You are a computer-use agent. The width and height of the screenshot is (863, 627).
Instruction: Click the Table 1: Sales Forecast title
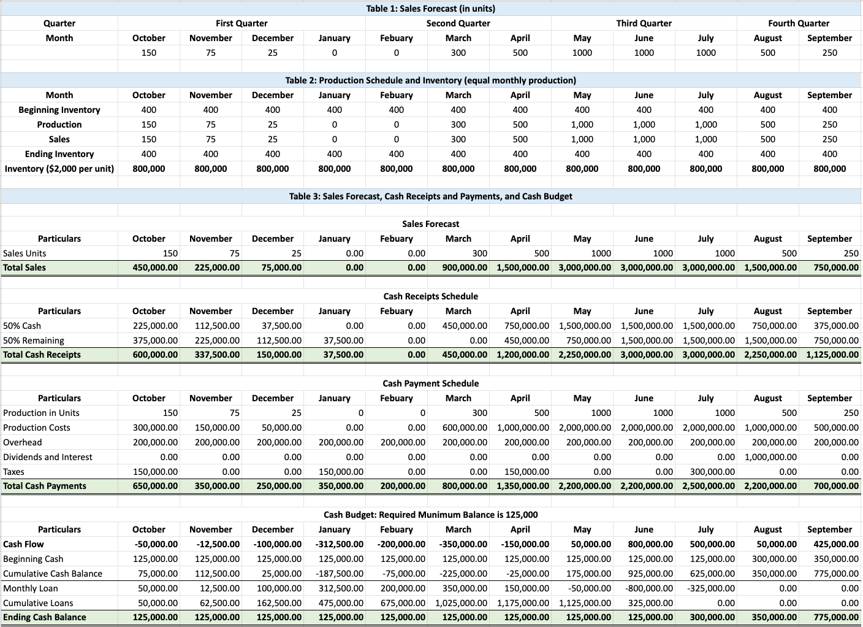[x=430, y=9]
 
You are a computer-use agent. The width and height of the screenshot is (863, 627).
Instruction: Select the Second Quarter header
[x=458, y=23]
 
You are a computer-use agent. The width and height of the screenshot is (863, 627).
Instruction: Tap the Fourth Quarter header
[x=798, y=23]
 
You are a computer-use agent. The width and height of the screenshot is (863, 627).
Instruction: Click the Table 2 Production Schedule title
[x=430, y=80]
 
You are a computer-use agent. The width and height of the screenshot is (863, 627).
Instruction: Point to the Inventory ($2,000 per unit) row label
[x=59, y=169]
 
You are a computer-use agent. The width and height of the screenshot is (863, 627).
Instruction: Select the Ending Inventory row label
[x=59, y=154]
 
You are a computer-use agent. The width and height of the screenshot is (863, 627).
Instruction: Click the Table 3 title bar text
[x=430, y=196]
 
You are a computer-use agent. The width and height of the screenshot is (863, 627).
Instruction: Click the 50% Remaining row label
[x=34, y=340]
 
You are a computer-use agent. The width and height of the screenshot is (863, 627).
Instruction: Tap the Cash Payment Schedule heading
[x=430, y=383]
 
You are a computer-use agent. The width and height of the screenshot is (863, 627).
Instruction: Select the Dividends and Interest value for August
[x=770, y=457]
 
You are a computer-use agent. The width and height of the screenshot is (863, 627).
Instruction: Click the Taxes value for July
[x=709, y=472]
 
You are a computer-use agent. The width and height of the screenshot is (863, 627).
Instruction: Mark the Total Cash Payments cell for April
[x=523, y=486]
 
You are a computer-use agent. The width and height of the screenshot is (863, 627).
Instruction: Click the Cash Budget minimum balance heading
[x=430, y=515]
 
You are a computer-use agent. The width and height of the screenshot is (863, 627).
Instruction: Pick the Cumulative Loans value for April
[x=523, y=603]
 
